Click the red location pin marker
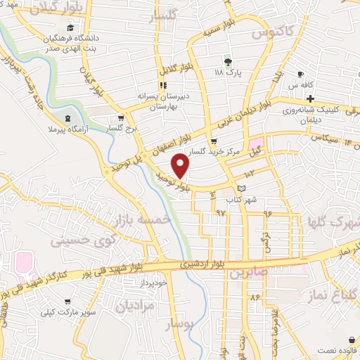pyautogui.click(x=181, y=166)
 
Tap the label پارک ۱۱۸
pyautogui.click(x=226, y=72)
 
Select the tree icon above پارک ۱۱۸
pyautogui.click(x=226, y=61)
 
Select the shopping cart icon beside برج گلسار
pyautogui.click(x=122, y=118)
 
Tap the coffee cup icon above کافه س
pyautogui.click(x=300, y=74)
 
